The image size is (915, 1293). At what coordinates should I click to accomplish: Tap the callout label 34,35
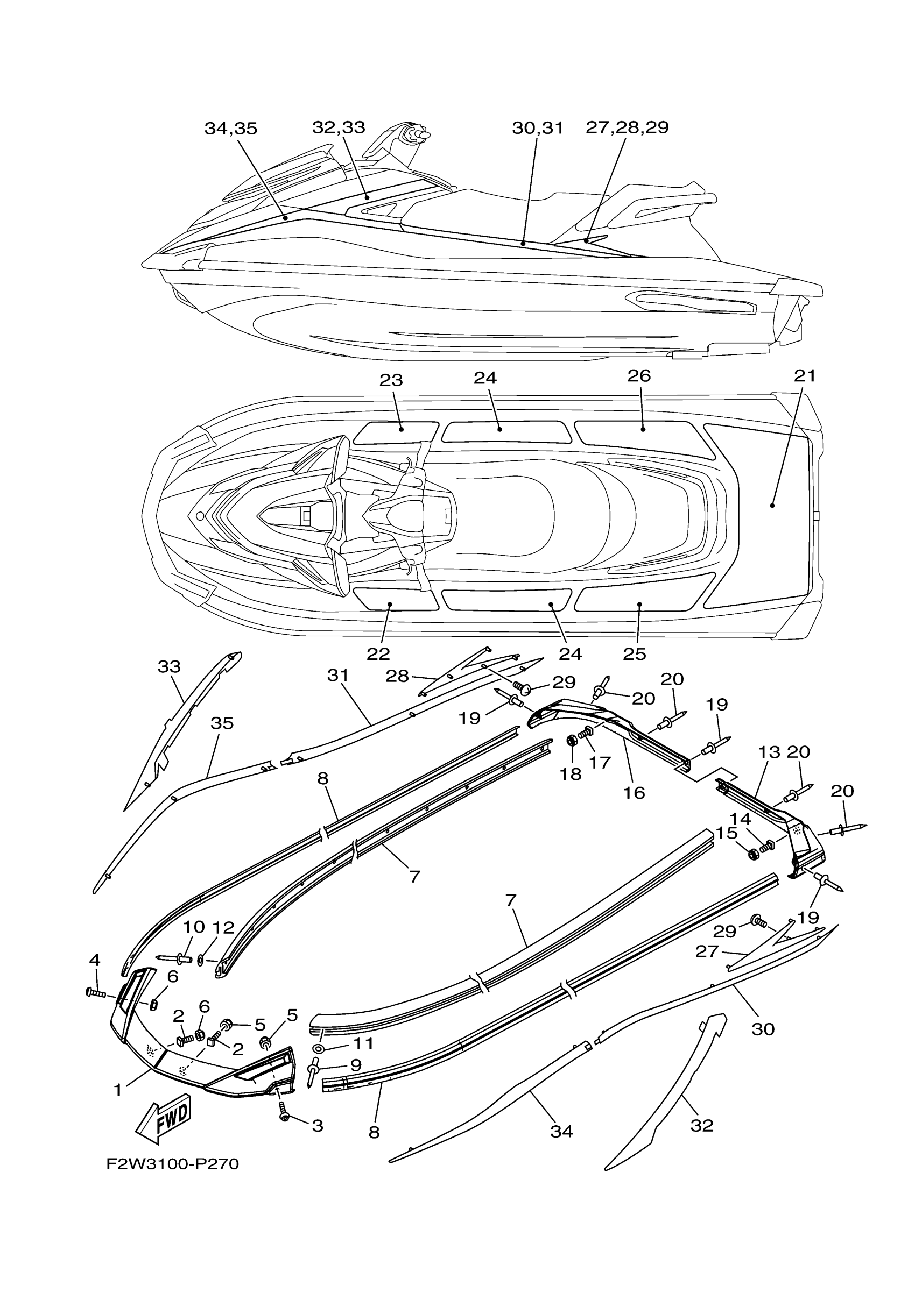[x=230, y=129]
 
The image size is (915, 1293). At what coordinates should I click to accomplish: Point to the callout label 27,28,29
[x=627, y=128]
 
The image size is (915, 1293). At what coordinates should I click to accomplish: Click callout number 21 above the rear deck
[x=805, y=375]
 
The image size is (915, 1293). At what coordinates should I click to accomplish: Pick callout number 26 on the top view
[x=639, y=375]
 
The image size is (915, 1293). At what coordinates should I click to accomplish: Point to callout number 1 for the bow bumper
[x=118, y=1090]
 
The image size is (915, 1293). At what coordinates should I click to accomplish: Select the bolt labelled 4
[x=96, y=992]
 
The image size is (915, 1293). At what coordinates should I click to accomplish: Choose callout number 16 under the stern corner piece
[x=634, y=792]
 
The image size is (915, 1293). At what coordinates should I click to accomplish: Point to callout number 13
[x=769, y=752]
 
